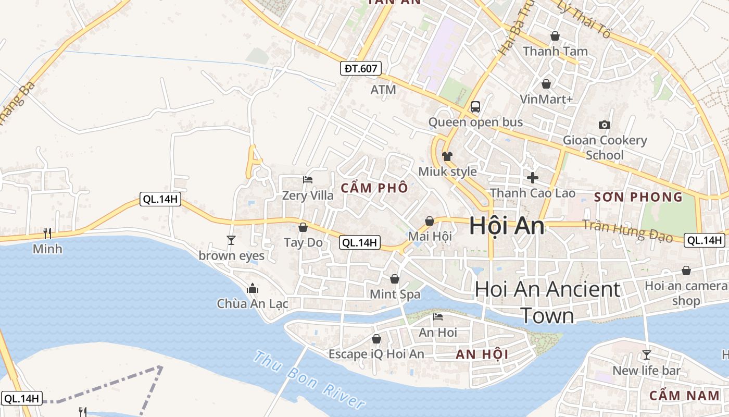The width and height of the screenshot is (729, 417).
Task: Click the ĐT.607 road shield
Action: pos(361,68)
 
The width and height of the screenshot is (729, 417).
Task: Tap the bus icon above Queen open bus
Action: pos(475,107)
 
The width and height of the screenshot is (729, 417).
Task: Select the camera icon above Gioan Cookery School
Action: pos(604,125)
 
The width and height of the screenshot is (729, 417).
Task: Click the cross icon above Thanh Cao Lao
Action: pos(532,178)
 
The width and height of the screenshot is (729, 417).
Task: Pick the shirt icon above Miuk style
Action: pos(447,156)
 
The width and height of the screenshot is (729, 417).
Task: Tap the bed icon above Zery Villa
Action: pos(308,180)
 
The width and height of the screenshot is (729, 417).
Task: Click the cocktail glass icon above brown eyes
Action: pos(231,240)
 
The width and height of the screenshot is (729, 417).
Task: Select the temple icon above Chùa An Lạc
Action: pos(253,288)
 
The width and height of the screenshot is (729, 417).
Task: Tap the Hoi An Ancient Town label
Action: pos(547,302)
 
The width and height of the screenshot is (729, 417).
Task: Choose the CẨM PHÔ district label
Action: pos(374,189)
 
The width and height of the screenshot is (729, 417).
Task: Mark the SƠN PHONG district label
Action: pos(638,197)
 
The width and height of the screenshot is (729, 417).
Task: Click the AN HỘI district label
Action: pos(482,354)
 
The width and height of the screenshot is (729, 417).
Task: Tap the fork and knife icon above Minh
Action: pos(47,233)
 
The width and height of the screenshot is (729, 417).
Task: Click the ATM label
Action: pos(383,90)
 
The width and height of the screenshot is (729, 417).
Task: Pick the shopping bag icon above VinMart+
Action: pos(546,84)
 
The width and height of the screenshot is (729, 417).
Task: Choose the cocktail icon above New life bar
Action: pos(646,355)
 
